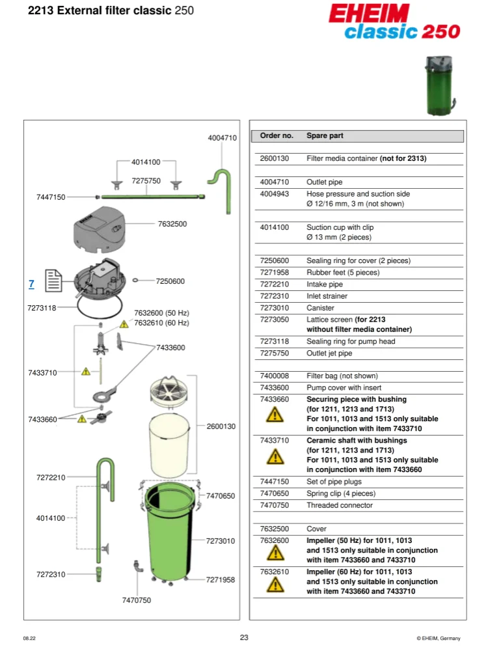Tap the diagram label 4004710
222,138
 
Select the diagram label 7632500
172,224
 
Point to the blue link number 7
31,284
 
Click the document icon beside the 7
53,282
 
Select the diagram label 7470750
136,600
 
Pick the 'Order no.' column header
277,136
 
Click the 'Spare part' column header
325,136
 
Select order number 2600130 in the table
274,158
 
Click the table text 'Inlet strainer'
327,296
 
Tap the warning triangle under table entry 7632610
275,585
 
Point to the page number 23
244,637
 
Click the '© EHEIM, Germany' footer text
439,638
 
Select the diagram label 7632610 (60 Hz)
161,323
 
